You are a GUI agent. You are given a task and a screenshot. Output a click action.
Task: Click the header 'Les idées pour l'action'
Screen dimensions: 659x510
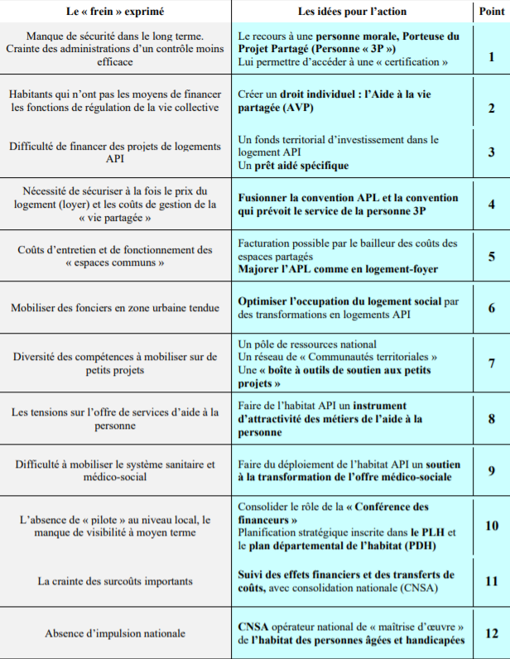click(347, 12)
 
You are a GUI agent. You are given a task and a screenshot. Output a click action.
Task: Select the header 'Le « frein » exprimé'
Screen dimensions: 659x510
click(116, 12)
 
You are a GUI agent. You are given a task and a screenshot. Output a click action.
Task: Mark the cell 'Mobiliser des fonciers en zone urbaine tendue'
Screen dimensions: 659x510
click(116, 308)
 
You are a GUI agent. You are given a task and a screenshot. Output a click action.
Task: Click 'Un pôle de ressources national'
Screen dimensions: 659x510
click(306, 344)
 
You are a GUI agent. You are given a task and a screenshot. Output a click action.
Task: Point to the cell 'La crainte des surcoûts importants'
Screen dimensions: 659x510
click(116, 581)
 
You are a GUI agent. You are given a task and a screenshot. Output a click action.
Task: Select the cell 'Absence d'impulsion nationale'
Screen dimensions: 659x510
click(116, 633)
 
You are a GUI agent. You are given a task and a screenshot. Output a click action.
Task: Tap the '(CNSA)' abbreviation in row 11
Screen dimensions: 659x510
click(418, 588)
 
